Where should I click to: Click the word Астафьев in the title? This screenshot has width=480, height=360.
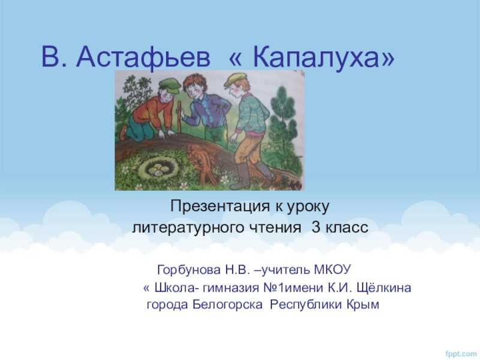[x=143, y=58]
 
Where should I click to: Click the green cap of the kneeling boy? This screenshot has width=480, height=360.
[x=169, y=85]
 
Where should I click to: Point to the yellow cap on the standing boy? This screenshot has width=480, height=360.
[x=235, y=80]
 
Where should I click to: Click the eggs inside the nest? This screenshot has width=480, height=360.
[x=158, y=169]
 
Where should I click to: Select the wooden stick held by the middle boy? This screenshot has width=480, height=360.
[x=179, y=119]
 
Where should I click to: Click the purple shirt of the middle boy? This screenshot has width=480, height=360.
[x=205, y=110]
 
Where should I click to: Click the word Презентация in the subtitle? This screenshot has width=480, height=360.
[x=220, y=206]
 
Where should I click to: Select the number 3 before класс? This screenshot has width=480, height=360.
[x=316, y=227]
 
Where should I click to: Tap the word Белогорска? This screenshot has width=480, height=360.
[x=227, y=305]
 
